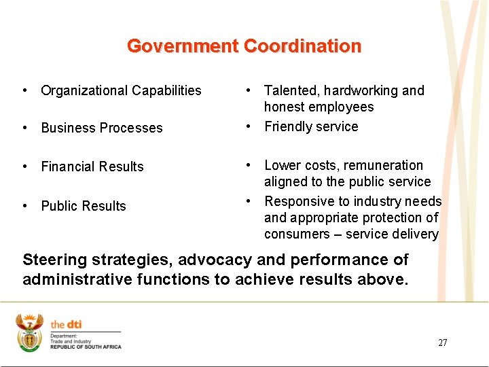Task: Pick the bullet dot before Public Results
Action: tap(24, 205)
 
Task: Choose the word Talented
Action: tap(291, 90)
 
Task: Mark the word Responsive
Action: tap(297, 201)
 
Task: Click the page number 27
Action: tap(443, 343)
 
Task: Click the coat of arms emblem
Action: tap(29, 333)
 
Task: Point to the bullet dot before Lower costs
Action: tap(250, 165)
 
